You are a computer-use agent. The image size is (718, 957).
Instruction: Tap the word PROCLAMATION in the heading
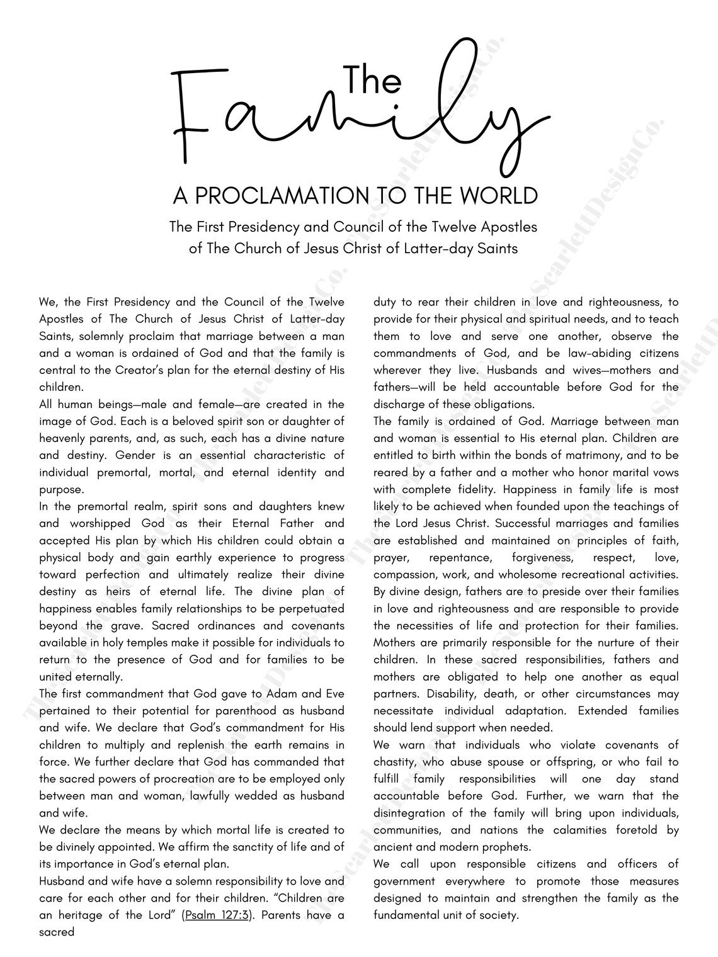(287, 196)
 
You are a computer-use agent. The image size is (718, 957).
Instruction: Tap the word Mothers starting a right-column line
(396, 643)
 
